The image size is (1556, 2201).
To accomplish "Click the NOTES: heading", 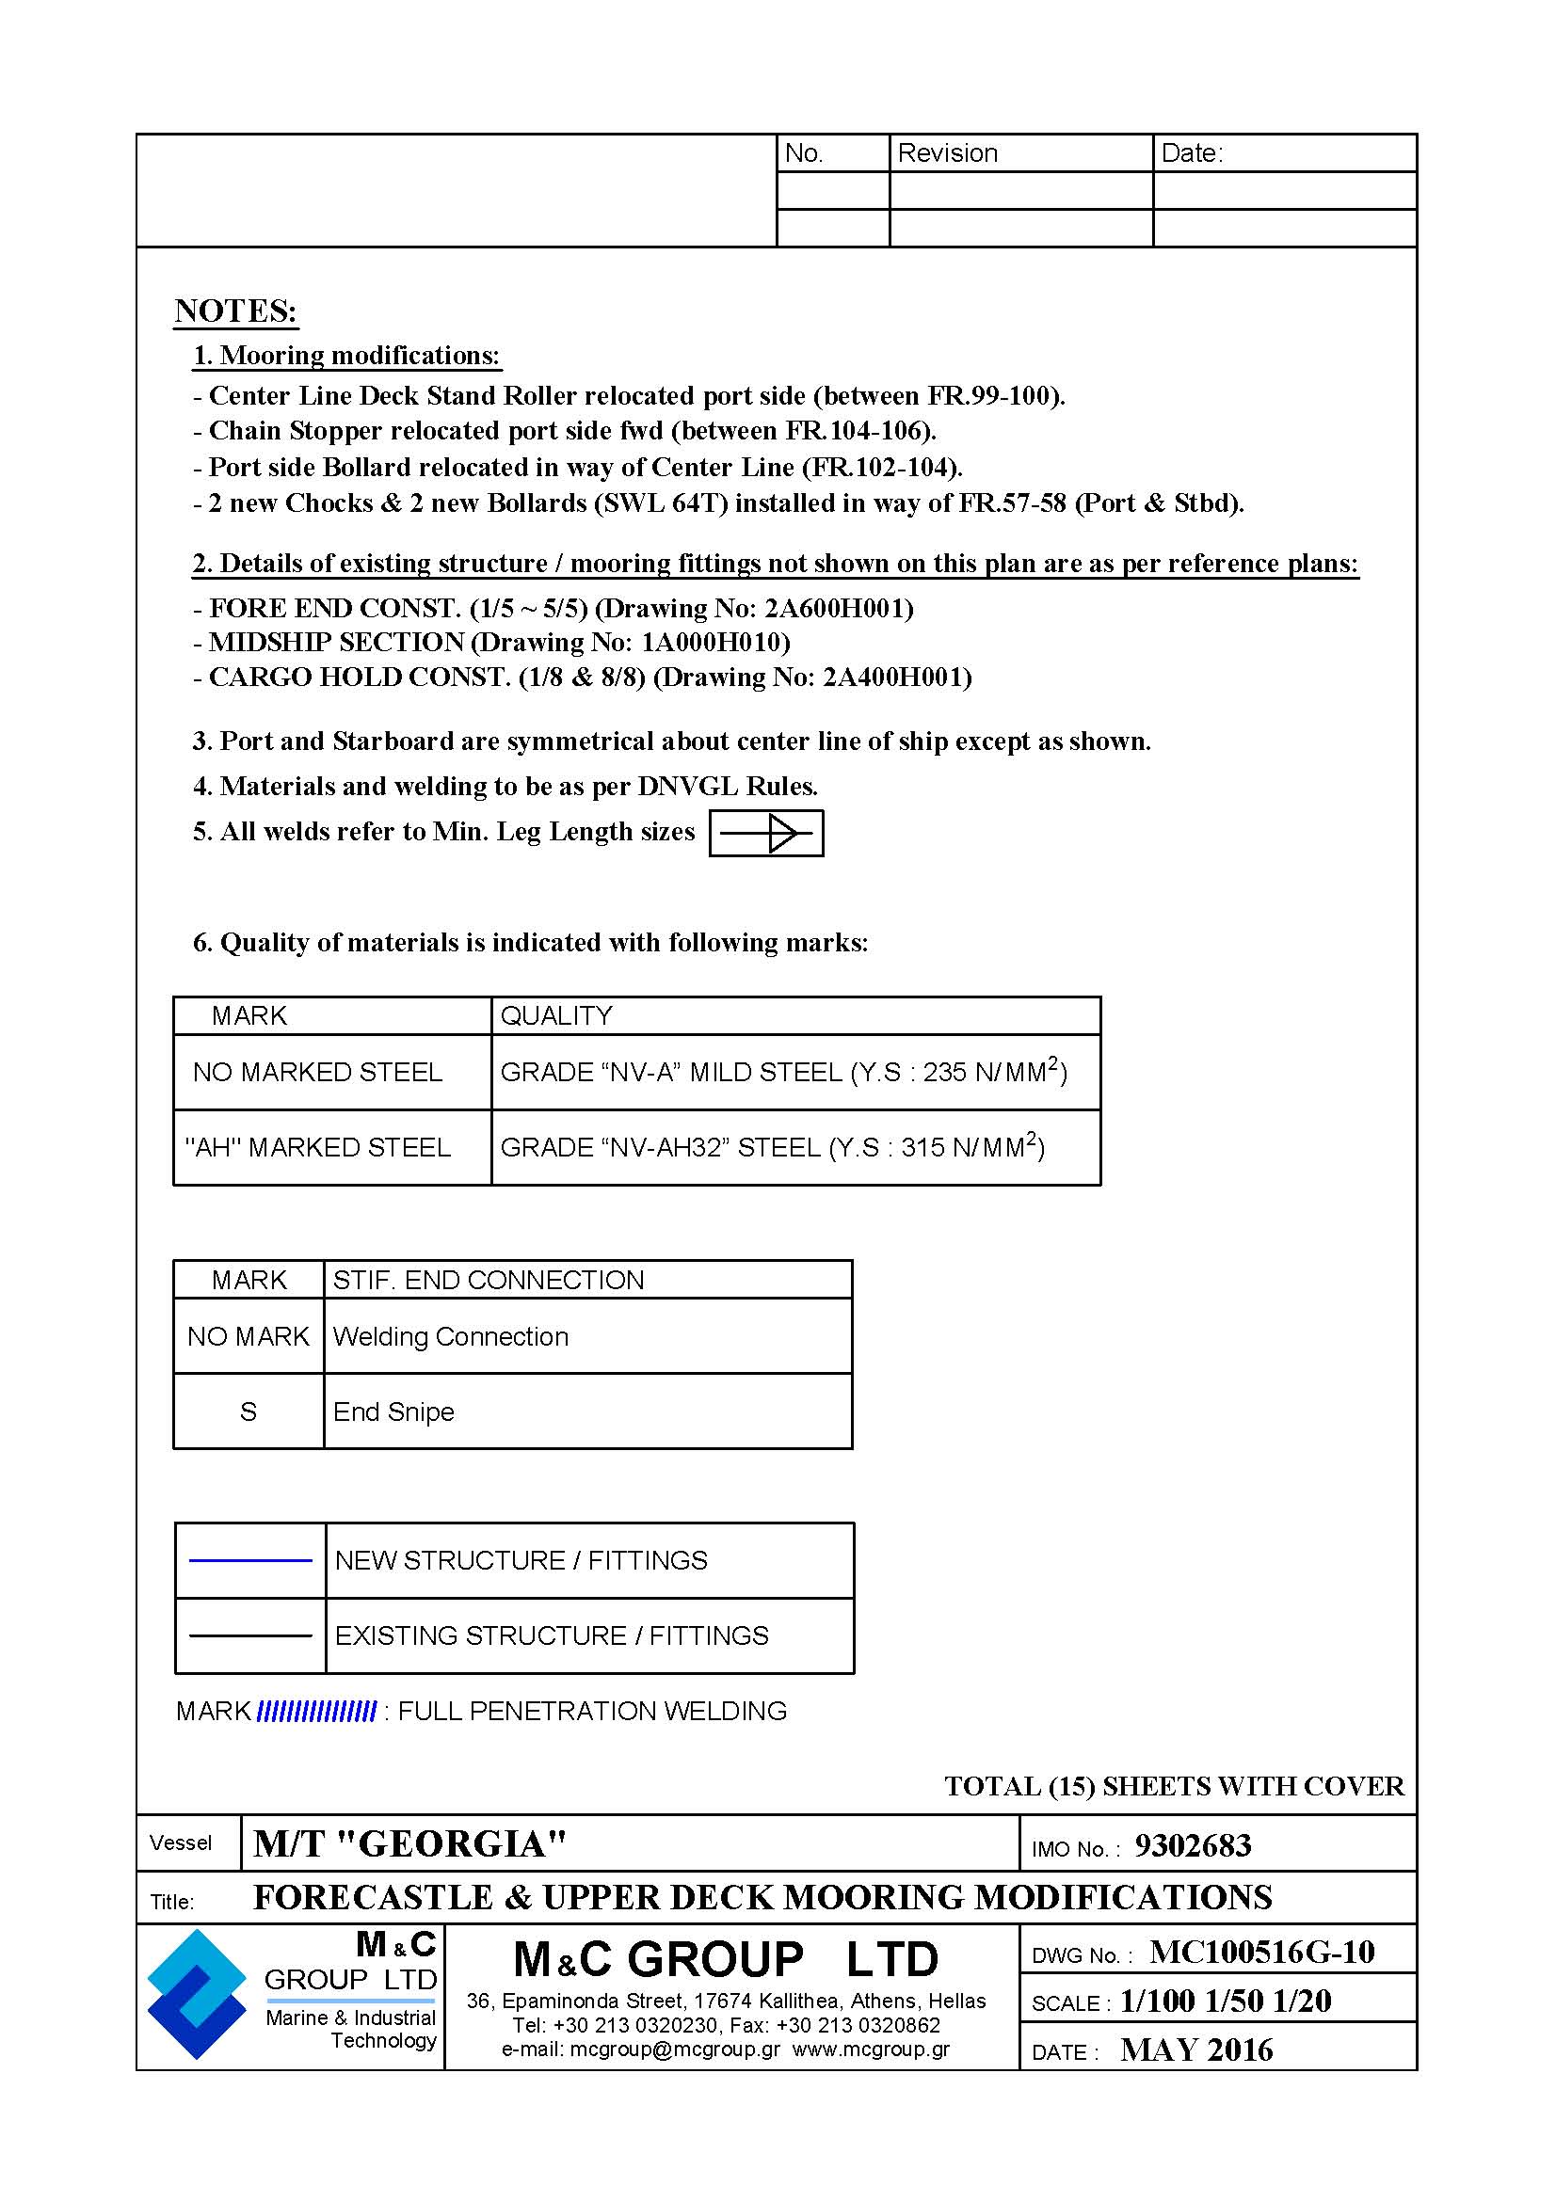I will point(236,311).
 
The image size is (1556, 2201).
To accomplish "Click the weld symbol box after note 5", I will point(766,833).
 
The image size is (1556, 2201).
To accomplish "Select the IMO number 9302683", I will point(1192,1846).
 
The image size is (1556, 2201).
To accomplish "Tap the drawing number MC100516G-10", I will point(1261,1952).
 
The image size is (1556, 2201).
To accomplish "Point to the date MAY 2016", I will point(1196,2050).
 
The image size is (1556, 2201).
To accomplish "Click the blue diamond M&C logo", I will point(197,1994).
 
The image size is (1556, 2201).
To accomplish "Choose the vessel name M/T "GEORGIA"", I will point(409,1844).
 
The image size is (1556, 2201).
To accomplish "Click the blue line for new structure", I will point(250,1560).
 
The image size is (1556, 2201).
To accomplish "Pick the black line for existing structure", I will point(250,1635).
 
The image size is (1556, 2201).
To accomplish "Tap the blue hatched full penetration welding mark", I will point(316,1711).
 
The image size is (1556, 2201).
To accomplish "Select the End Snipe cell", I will point(393,1412).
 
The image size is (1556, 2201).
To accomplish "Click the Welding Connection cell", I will point(451,1337).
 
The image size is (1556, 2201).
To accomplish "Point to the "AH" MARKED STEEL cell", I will point(317,1148).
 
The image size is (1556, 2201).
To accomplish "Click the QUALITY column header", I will point(556,1016).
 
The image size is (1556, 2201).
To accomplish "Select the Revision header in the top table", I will point(947,153).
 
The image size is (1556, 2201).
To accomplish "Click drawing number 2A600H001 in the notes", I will point(839,609).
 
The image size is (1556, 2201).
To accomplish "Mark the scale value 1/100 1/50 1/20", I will point(1226,2002).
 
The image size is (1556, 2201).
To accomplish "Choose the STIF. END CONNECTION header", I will point(488,1281).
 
